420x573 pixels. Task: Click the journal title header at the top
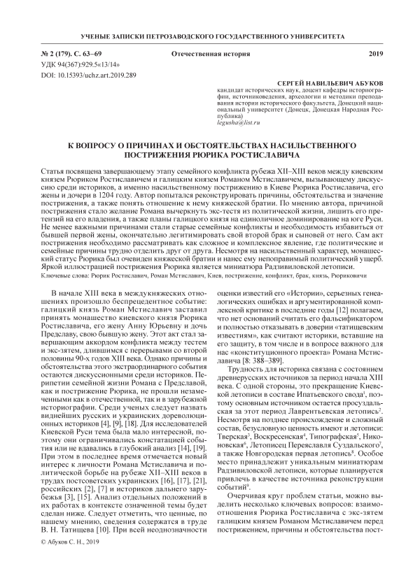point(210,34)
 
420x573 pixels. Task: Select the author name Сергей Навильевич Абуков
point(327,82)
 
